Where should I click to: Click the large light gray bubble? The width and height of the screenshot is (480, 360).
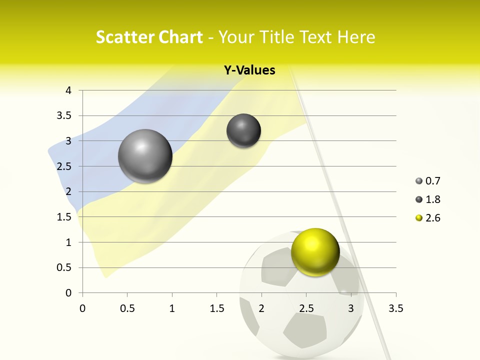(x=145, y=156)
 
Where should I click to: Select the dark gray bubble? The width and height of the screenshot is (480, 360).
(x=243, y=130)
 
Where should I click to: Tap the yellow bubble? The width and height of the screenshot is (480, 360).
(x=315, y=251)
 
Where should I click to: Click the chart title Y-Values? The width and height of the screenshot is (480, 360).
(x=249, y=70)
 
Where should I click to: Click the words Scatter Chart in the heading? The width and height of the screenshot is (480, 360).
(x=149, y=37)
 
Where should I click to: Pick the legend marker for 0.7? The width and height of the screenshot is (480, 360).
(x=419, y=181)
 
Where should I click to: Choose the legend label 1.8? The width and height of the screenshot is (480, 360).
(x=432, y=199)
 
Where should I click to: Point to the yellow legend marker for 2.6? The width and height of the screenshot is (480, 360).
(x=419, y=218)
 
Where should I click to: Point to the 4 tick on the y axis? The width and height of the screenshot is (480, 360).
(x=68, y=90)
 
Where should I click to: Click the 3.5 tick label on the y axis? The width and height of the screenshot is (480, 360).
(x=64, y=115)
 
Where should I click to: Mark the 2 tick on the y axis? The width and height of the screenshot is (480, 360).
(x=68, y=191)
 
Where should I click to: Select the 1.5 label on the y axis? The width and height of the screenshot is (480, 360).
(x=64, y=217)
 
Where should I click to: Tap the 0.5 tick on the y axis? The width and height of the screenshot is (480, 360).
(x=64, y=267)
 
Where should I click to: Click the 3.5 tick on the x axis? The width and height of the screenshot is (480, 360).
(x=395, y=308)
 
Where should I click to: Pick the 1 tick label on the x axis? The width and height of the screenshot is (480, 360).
(x=172, y=308)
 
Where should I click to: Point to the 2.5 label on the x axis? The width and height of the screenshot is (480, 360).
(x=306, y=308)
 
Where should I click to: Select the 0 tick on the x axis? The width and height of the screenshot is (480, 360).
(x=82, y=308)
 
